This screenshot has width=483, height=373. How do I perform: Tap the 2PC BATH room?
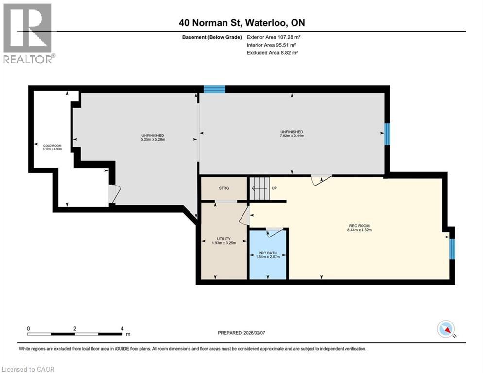click(268, 255)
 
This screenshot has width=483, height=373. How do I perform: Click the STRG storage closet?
click(224, 188)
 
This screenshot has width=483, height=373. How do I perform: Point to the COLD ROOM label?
click(47, 145)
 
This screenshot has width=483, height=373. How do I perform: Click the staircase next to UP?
click(260, 188)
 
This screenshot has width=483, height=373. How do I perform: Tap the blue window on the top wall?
click(214, 89)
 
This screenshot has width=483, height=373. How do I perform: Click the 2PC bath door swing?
click(275, 233)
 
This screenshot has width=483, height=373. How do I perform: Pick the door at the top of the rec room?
click(321, 179)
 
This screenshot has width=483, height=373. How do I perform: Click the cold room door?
click(113, 194)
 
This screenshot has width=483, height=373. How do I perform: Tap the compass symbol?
click(446, 329)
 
